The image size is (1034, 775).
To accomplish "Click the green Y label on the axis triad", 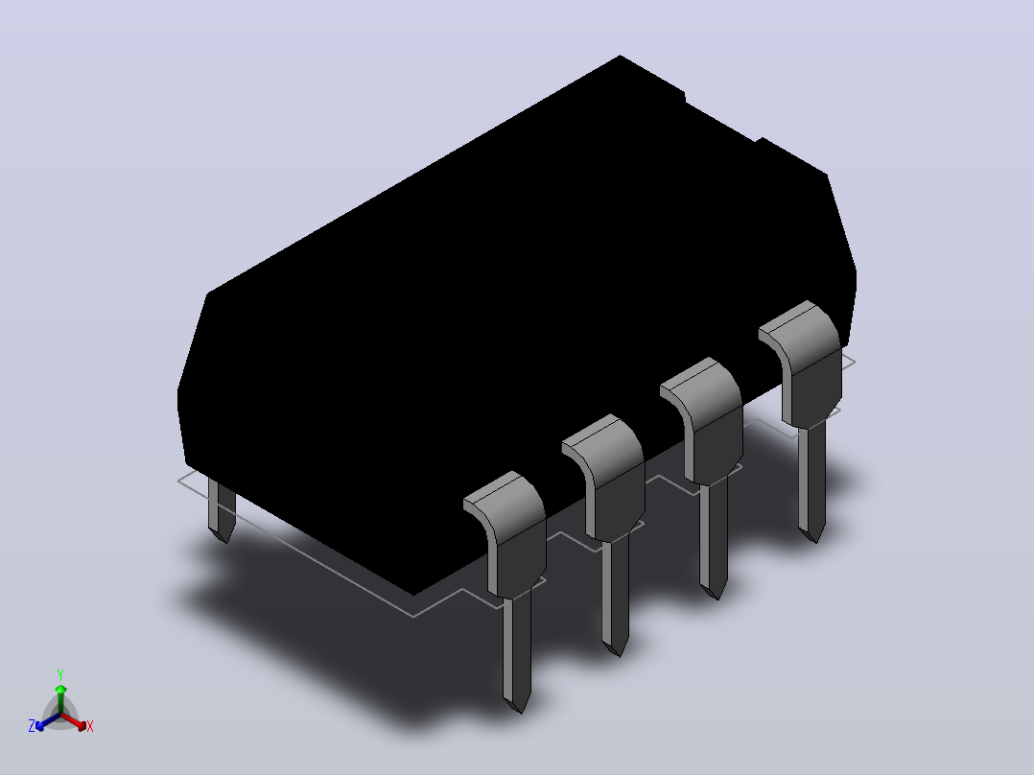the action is [60, 675].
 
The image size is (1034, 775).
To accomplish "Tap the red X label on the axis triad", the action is [90, 726].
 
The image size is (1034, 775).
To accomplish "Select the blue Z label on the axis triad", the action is [32, 726].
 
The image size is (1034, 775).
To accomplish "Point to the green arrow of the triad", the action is [60, 699].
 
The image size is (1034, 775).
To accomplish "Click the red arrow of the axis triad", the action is [74, 721].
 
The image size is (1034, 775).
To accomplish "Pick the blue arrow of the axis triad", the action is [48, 721].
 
